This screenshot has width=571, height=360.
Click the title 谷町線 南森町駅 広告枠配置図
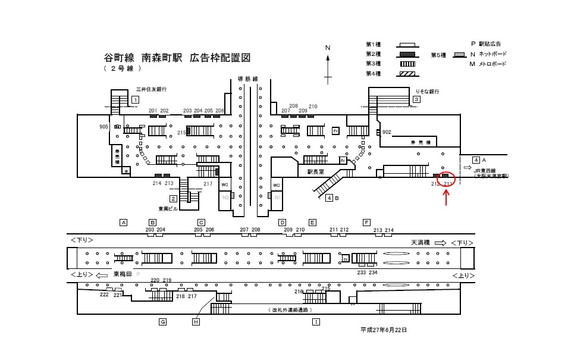click(177, 58)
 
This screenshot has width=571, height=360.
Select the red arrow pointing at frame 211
click(447, 196)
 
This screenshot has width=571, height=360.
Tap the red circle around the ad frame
click(447, 177)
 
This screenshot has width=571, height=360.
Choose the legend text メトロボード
click(492, 64)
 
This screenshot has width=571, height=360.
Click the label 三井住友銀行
click(151, 89)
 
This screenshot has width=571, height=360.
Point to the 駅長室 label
click(316, 171)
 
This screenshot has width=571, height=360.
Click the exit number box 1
click(136, 99)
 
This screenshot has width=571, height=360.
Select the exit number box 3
click(417, 99)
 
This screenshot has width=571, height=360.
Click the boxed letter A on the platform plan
click(124, 223)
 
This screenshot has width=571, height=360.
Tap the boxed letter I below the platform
click(316, 322)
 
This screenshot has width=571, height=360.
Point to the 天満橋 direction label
click(421, 243)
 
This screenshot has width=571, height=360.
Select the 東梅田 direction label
click(123, 274)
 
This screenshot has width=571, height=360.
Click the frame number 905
click(104, 127)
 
